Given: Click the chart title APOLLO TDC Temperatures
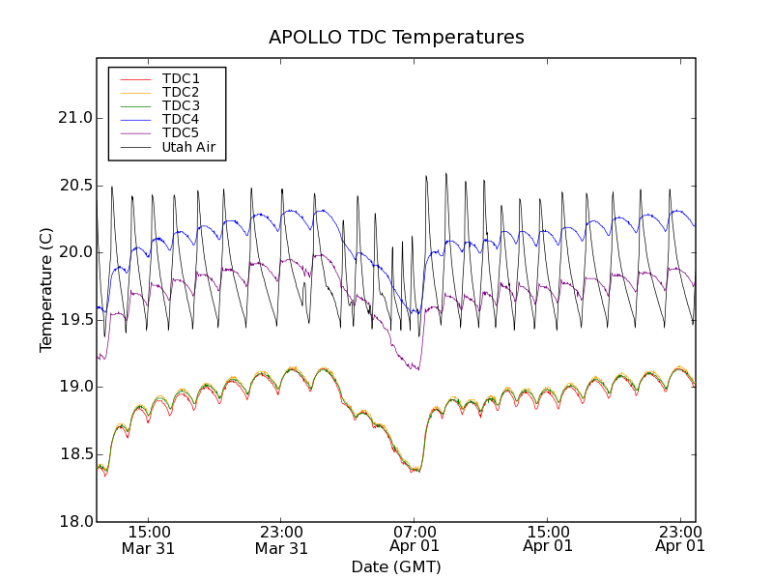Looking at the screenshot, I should [x=396, y=38].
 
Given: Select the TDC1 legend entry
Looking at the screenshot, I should [x=181, y=78].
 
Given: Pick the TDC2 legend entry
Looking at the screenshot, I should [x=181, y=92].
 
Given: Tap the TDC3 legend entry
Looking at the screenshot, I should [x=181, y=105].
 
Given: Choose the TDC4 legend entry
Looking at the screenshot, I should [x=181, y=119].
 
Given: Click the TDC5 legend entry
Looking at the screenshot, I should [x=181, y=132].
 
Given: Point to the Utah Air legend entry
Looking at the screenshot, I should [x=188, y=148].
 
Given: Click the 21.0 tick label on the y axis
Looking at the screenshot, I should [x=73, y=118].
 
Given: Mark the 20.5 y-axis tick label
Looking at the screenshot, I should [x=73, y=186].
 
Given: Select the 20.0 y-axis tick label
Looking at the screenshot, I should [x=73, y=252].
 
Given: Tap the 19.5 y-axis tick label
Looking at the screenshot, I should [x=73, y=320].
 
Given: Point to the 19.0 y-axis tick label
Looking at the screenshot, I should [x=73, y=387].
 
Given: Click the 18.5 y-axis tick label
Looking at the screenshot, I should [x=73, y=454].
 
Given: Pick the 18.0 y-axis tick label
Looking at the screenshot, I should [x=73, y=522].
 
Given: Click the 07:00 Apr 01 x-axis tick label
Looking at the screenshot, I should [x=415, y=539].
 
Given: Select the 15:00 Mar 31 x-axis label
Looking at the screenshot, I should [x=148, y=539].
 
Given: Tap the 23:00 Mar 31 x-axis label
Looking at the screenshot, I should [x=281, y=539].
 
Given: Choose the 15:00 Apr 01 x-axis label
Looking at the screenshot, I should [x=548, y=539].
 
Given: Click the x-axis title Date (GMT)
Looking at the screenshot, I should [x=396, y=566].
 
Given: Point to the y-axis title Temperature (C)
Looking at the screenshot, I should [x=46, y=289].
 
